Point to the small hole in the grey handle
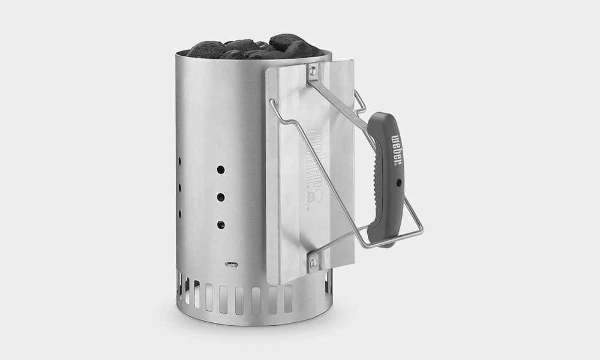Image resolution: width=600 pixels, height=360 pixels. click(398, 183)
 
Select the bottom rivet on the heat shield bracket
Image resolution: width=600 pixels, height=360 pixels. click(313, 262)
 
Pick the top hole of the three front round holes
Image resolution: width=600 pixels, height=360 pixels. click(221, 169)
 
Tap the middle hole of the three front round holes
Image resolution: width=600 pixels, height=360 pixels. click(221, 197)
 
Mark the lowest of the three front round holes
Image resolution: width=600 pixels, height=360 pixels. click(221, 225)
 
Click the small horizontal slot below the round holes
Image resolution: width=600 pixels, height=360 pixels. click(231, 265)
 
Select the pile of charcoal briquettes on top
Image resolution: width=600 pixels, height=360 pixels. click(256, 47)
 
